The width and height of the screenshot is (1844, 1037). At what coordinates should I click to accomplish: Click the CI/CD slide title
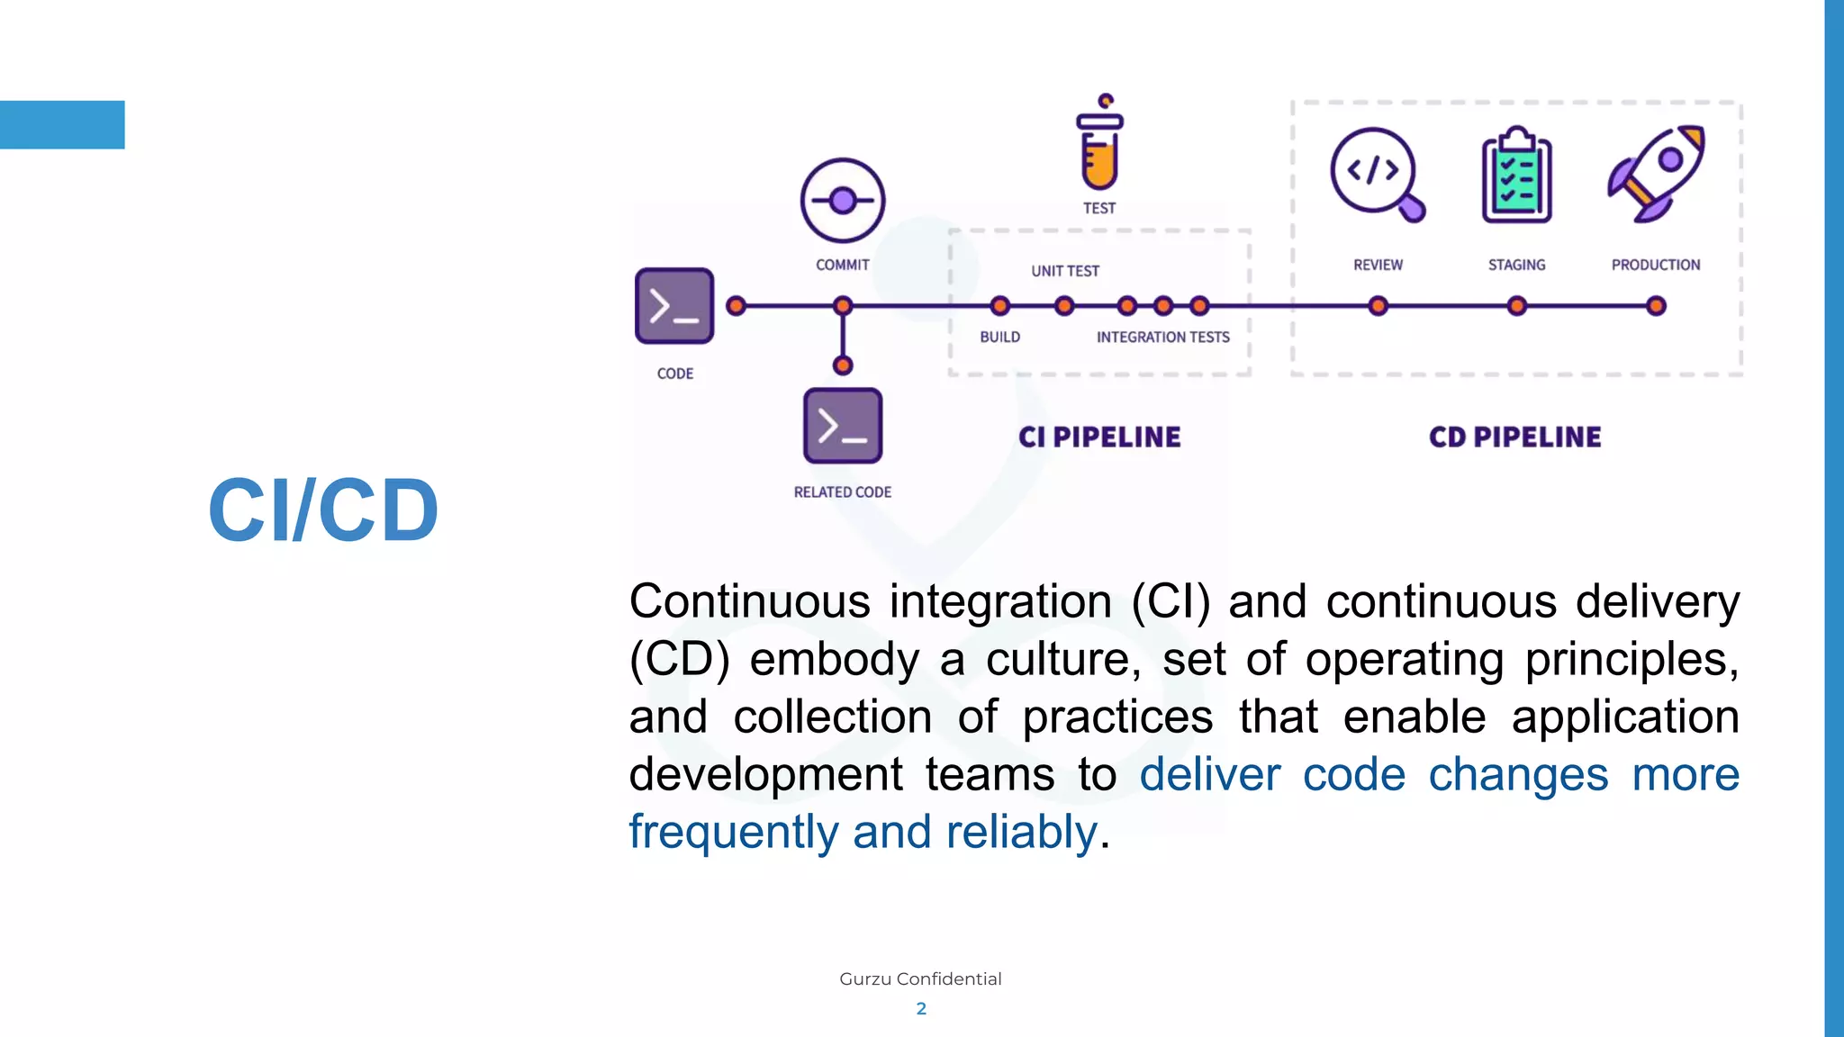coord(323,509)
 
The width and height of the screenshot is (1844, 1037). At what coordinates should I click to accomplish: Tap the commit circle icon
coord(843,201)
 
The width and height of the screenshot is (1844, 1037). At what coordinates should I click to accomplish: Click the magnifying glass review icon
coord(1375,173)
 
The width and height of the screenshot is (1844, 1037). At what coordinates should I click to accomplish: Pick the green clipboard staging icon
coord(1516,175)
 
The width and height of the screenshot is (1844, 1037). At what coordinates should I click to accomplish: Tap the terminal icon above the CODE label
coord(674,306)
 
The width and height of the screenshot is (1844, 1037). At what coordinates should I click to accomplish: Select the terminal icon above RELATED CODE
coord(843,426)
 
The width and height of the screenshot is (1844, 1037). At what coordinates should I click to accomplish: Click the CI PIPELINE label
coord(1099,437)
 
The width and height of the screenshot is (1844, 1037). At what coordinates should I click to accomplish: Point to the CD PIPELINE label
coord(1515,437)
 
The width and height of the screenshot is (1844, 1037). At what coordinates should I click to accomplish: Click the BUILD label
coord(999,337)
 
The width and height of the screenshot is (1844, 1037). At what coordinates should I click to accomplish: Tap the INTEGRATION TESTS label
coord(1162,337)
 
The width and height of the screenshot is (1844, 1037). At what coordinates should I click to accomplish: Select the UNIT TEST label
coord(1065,271)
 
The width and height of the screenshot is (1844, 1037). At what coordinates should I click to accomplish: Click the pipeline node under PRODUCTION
coord(1656,306)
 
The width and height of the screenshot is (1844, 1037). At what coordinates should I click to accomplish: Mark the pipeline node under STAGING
coord(1517,306)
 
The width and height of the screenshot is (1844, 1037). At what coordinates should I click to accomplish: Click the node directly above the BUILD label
coord(999,306)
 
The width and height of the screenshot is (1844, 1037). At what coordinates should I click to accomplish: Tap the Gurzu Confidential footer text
coord(920,978)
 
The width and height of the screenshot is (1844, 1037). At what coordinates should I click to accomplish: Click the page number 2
coord(921,1008)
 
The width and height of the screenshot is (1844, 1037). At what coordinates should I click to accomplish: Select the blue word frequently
coord(734,832)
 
